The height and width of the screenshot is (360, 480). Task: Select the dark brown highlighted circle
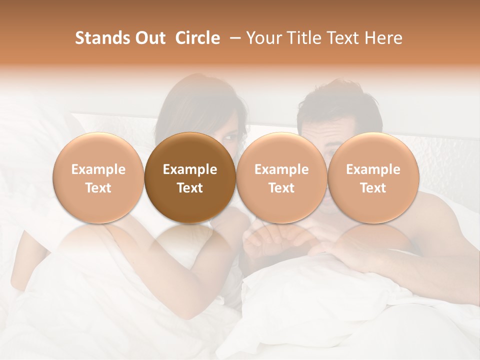pos(189,177)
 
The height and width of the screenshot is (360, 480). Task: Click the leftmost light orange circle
pos(98,177)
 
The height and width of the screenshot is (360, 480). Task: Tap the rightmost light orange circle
pos(373,177)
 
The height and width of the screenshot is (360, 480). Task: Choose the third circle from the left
pos(281,177)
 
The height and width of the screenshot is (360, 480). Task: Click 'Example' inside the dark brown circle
pos(190,169)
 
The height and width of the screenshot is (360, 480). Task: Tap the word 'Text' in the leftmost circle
pos(98,188)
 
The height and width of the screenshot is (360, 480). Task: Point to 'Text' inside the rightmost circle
pos(373,188)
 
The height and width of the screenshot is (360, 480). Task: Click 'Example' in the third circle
pos(281,169)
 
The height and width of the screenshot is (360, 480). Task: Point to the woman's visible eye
pos(231,135)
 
